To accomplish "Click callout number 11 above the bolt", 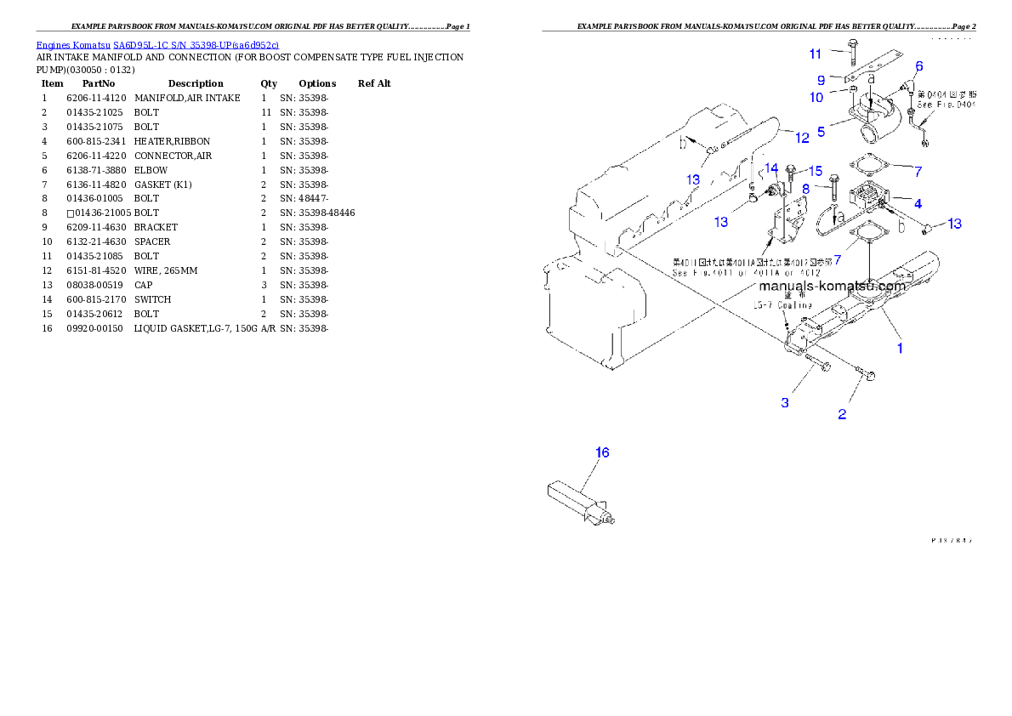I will click(x=816, y=54).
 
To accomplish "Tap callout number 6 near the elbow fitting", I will click(x=918, y=66).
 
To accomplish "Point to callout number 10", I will click(x=816, y=98).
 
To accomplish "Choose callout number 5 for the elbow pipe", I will click(x=821, y=132).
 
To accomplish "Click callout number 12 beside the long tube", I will click(x=802, y=138).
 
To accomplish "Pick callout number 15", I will click(x=815, y=172).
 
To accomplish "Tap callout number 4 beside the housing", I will click(x=918, y=203).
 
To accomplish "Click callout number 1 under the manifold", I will click(x=900, y=347).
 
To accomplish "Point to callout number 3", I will click(x=785, y=402).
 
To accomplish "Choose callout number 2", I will click(x=842, y=414).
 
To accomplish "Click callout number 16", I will click(x=602, y=452).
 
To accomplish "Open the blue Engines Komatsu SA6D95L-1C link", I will click(x=157, y=44).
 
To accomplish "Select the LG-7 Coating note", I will click(x=782, y=304).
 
